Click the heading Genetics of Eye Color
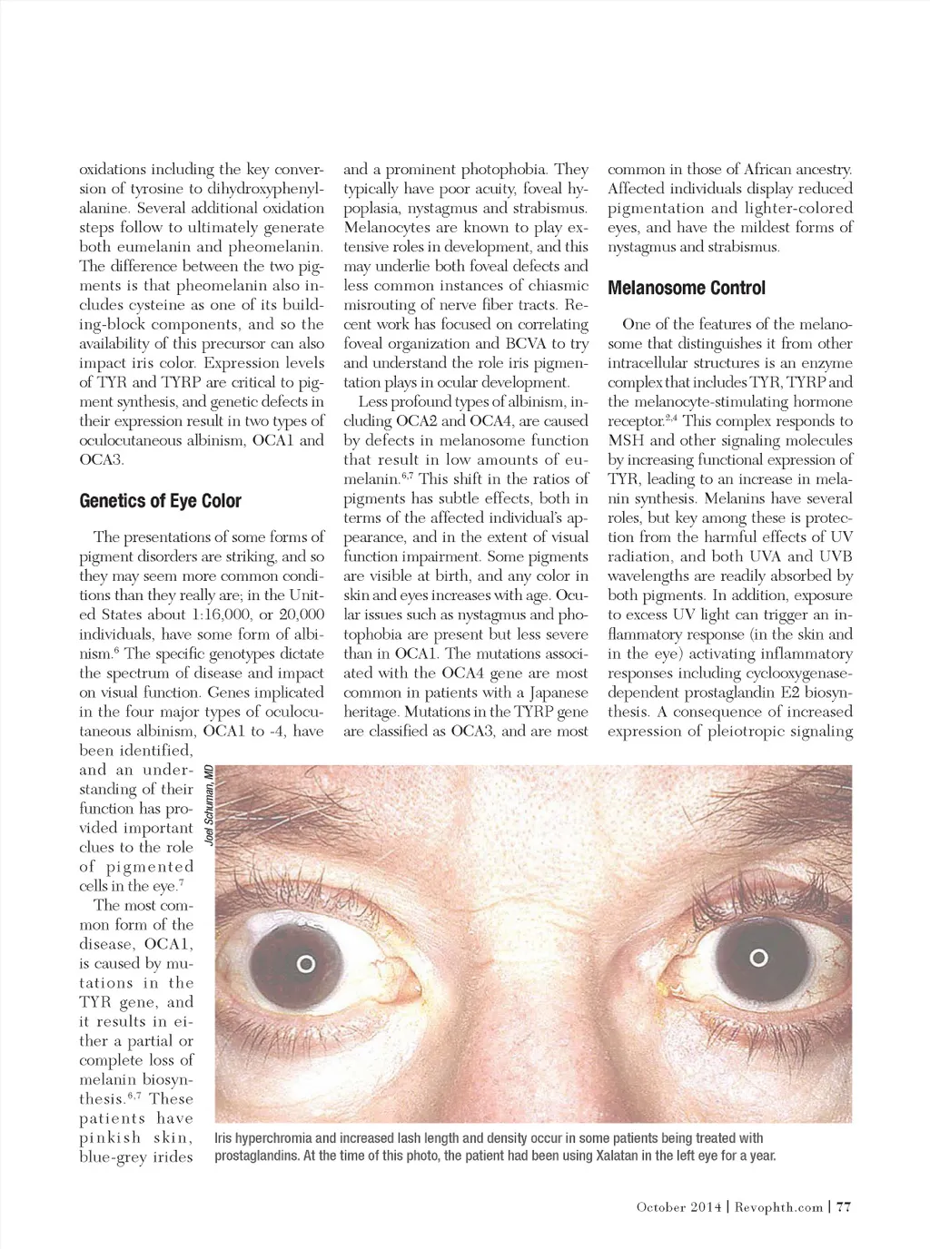[x=161, y=501]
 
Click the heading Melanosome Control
[x=687, y=289]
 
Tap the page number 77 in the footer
[x=843, y=1206]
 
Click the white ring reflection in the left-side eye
[x=306, y=963]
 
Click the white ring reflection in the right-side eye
[x=759, y=957]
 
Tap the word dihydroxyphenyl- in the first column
[x=267, y=189]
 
